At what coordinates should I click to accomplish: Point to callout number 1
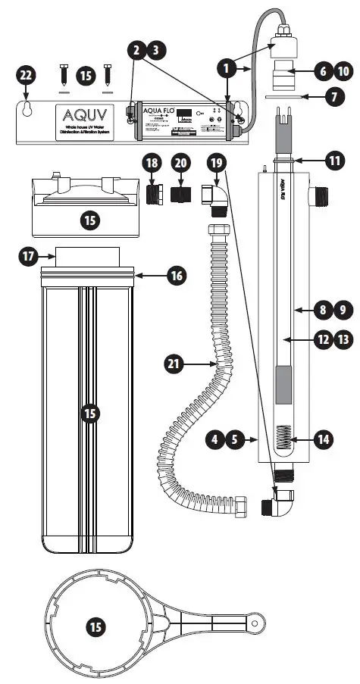226,68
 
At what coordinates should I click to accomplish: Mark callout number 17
28,257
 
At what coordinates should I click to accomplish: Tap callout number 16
177,277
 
